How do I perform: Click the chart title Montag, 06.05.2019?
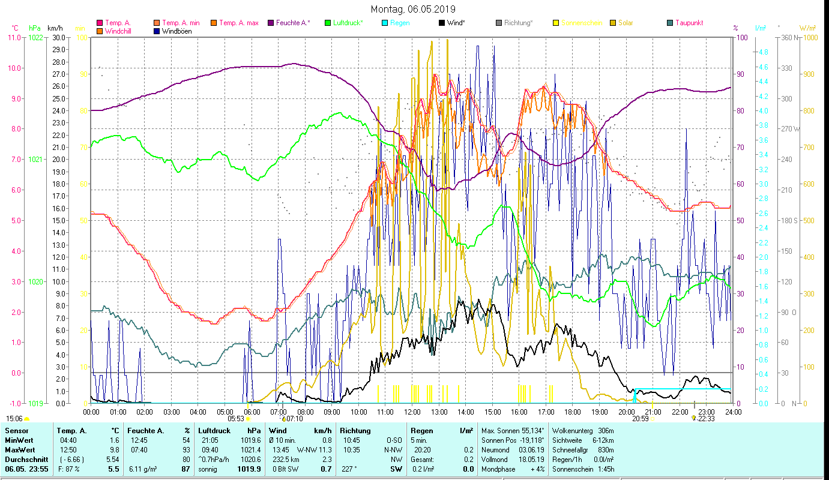[x=413, y=9]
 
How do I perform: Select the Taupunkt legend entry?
[x=689, y=23]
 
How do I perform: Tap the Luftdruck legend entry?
[x=348, y=23]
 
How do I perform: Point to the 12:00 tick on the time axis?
[x=412, y=412]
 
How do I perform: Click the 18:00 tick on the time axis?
[x=573, y=412]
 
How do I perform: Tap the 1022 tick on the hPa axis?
[x=35, y=37]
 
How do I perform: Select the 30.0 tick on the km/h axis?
[x=58, y=37]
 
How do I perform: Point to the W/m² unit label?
[x=807, y=28]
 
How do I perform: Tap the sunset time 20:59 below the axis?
[x=640, y=419]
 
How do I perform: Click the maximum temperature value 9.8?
[x=115, y=449]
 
